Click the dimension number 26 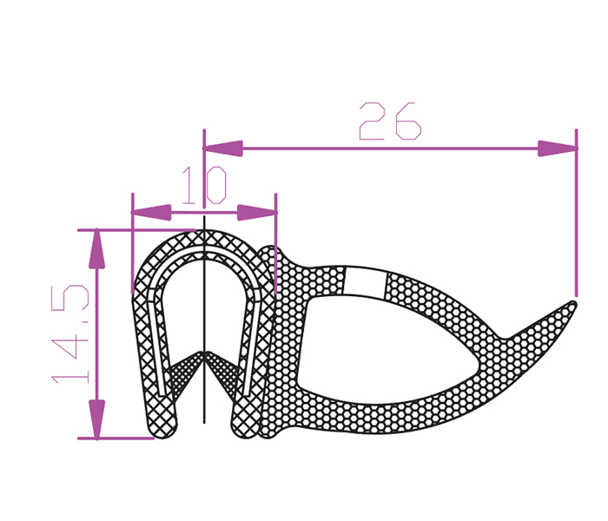point(390,121)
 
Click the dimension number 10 point(204,185)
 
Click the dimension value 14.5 point(70,334)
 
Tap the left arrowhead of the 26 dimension point(223,148)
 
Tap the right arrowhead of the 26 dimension point(558,148)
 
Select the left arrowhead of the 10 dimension point(151,213)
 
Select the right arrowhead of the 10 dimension point(257,213)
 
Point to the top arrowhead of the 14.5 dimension point(96,249)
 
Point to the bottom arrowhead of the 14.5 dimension point(96,419)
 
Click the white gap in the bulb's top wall point(365,282)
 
